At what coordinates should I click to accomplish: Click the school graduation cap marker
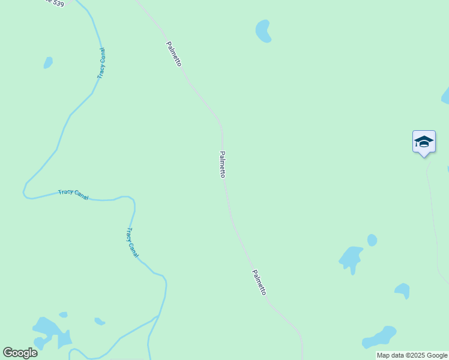click(x=424, y=142)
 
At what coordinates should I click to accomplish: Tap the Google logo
click(x=20, y=353)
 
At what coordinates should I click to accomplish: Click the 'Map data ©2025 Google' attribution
click(x=412, y=356)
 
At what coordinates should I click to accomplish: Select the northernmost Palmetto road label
click(x=174, y=53)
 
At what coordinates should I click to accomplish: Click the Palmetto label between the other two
click(x=223, y=164)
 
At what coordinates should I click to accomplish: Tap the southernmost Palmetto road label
click(x=259, y=281)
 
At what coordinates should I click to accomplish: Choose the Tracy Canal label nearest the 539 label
click(x=101, y=64)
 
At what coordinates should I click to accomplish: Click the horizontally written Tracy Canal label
click(x=73, y=194)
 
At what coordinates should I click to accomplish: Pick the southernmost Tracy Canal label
click(x=132, y=242)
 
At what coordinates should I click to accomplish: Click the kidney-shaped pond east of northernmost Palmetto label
click(x=264, y=31)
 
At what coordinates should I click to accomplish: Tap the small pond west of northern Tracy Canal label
click(x=48, y=62)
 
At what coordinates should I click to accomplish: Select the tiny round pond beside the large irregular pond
click(x=372, y=240)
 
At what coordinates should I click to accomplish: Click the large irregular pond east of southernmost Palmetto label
click(x=351, y=258)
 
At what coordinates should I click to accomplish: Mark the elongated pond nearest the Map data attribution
click(x=380, y=337)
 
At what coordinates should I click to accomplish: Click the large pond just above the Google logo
click(x=49, y=332)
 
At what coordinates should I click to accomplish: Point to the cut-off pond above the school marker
click(x=446, y=96)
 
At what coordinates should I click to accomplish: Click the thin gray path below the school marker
click(x=432, y=204)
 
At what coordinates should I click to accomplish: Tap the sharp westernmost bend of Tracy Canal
click(x=24, y=191)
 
